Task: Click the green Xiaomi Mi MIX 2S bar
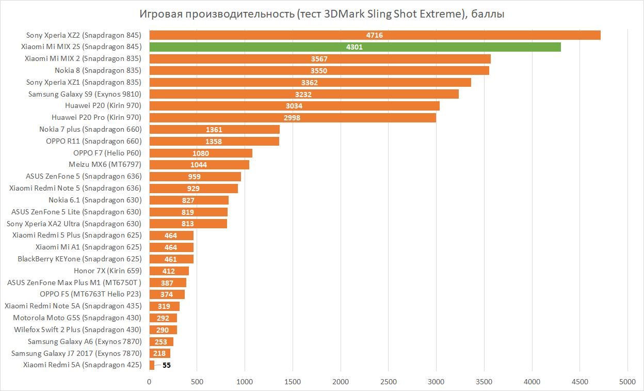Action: pos(355,47)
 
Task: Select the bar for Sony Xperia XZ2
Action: pos(375,35)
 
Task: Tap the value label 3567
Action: pos(319,59)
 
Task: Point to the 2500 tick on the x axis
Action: pos(389,382)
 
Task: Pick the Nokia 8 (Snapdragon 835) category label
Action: pos(98,70)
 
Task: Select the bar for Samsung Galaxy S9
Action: pos(304,94)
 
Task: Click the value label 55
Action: pos(167,365)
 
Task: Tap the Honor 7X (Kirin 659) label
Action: pos(107,271)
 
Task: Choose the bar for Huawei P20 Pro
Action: pos(293,118)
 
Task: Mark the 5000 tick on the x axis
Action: pos(627,382)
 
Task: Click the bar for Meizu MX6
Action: pos(199,165)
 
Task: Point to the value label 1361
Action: pos(214,129)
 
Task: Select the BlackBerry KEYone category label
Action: pos(79,259)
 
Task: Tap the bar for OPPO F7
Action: pos(201,153)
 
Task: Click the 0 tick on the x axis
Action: pos(150,382)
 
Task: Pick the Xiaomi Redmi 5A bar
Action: pos(152,365)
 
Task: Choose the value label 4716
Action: pos(375,35)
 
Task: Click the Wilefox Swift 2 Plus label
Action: pos(77,330)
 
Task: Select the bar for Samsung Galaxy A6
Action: pos(162,341)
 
